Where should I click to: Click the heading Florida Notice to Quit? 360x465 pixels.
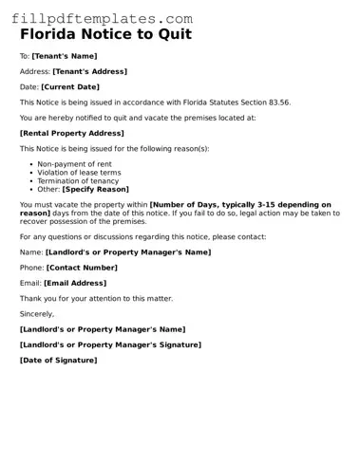pos(105,35)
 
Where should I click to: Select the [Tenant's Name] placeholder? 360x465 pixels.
pos(65,56)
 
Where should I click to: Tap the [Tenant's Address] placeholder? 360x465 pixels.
pos(89,71)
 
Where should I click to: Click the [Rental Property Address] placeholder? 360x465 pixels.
pos(71,133)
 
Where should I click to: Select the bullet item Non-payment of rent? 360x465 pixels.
pos(76,164)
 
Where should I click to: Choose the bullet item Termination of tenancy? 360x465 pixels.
pos(82,181)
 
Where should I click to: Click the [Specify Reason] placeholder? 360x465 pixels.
pos(96,190)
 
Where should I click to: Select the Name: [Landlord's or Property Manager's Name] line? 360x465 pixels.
pos(115,252)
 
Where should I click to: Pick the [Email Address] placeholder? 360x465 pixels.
pos(75,283)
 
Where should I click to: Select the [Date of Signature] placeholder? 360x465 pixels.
pos(58,360)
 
